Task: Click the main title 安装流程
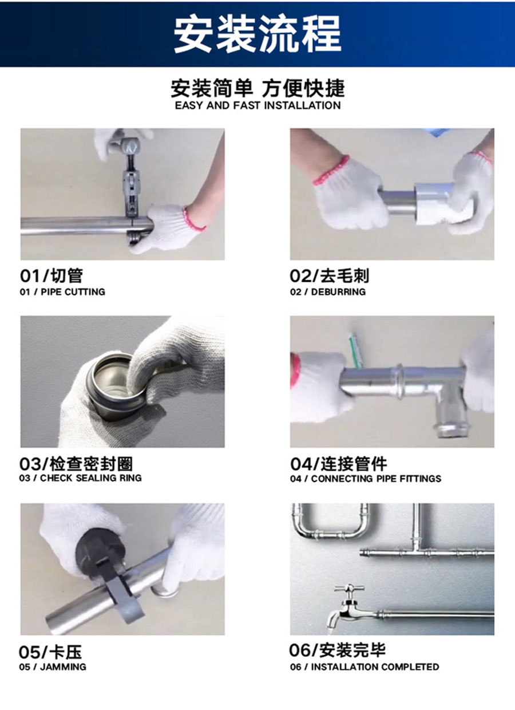(x=257, y=34)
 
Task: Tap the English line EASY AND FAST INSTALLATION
(x=258, y=105)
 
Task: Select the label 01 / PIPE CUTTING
(x=62, y=291)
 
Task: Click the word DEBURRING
(x=338, y=291)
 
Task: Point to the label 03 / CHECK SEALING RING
(x=81, y=478)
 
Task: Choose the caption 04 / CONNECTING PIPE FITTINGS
(x=366, y=478)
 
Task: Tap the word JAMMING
(x=63, y=667)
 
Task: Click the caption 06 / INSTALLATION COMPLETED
(x=365, y=666)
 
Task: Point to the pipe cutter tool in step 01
(x=131, y=190)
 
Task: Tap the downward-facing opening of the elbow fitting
(x=451, y=431)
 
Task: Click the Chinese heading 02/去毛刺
(x=330, y=275)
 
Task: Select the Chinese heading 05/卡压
(x=50, y=652)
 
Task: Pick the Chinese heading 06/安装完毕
(x=337, y=650)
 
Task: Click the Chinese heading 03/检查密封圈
(x=76, y=464)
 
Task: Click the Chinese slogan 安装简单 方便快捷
(x=257, y=88)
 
